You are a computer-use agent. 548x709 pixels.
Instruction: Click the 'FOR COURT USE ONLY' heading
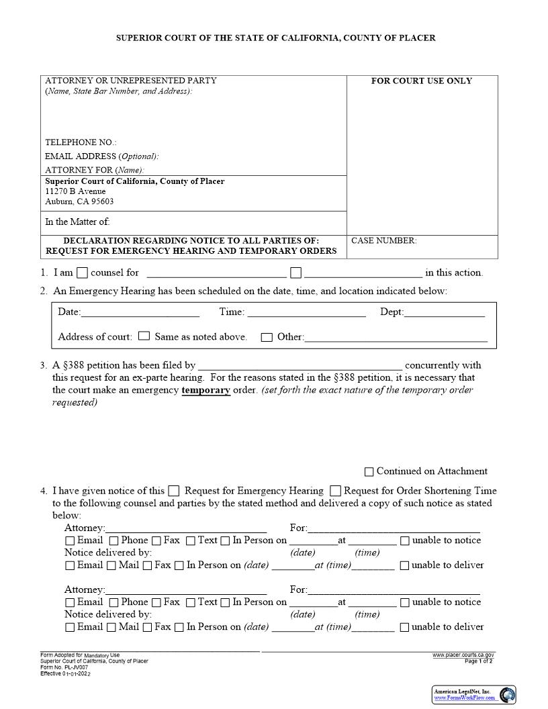[422, 81]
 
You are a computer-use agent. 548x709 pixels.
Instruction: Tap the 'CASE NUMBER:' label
[384, 241]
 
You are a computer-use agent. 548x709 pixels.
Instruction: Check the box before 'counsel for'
[82, 273]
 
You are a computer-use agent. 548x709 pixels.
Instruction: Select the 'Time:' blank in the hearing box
[306, 312]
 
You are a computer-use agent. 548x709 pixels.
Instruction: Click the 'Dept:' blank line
[444, 312]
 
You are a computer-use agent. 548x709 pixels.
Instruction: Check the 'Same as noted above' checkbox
[144, 336]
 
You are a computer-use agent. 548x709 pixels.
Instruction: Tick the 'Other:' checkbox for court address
[267, 337]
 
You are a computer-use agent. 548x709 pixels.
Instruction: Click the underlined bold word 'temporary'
[205, 390]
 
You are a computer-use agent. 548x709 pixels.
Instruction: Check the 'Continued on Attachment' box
[369, 472]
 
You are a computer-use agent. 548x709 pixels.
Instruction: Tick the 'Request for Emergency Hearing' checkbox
[174, 491]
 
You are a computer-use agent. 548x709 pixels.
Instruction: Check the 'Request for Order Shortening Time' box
[336, 491]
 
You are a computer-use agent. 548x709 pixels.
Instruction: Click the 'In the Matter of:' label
[77, 222]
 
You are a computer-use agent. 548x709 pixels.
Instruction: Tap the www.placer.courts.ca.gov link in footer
[463, 655]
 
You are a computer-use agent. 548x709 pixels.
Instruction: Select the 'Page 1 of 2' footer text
[479, 661]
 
